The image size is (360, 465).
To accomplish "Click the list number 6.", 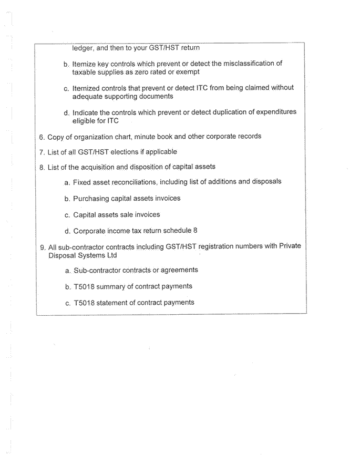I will click(x=42, y=137).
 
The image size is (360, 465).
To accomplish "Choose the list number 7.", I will click(x=42, y=152).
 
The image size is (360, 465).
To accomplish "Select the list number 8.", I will click(x=42, y=167).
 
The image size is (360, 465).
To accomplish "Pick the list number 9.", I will click(x=42, y=246).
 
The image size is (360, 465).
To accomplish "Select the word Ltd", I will click(x=110, y=255).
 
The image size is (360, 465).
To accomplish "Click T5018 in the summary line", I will click(x=84, y=286).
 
